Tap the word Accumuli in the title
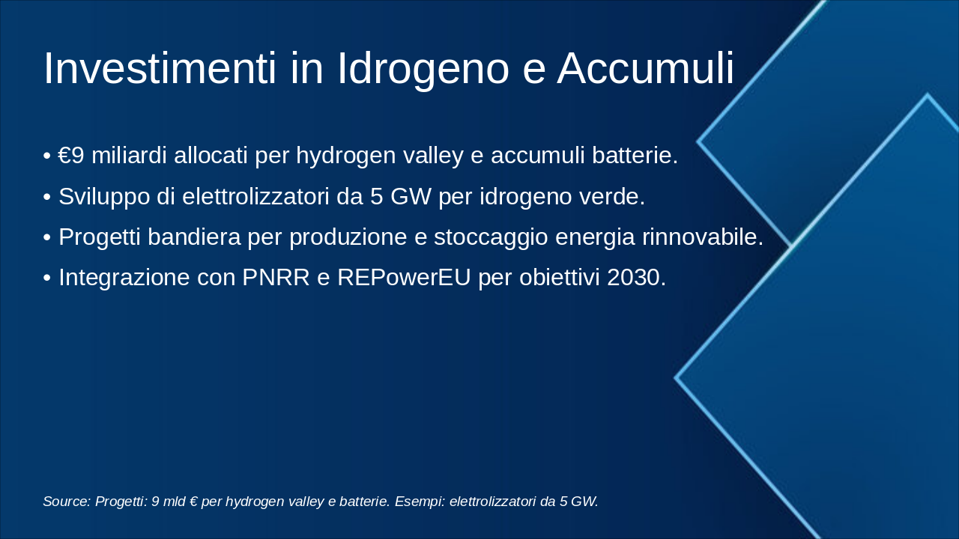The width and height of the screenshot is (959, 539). tap(645, 68)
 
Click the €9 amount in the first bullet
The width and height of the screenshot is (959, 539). tap(72, 156)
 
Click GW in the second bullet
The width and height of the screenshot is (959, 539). tap(411, 196)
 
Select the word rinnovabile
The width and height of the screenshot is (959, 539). tap(703, 237)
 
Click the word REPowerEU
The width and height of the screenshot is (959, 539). tap(404, 277)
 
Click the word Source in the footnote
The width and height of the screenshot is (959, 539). tap(67, 502)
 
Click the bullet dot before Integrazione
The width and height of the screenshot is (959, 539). tap(47, 278)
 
